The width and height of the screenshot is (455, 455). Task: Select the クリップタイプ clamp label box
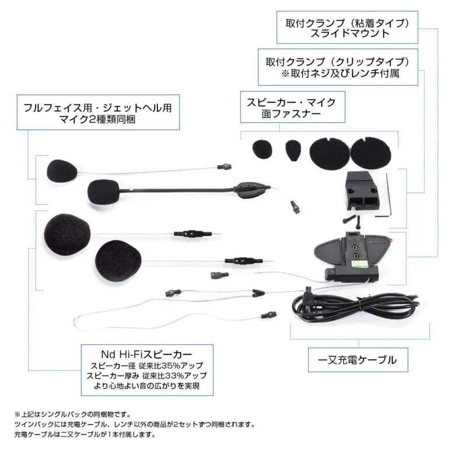click(338, 67)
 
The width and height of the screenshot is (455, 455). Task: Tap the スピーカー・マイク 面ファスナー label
click(290, 108)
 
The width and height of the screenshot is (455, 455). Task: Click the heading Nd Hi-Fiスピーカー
click(146, 354)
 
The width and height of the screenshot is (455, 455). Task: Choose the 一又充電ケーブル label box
click(357, 360)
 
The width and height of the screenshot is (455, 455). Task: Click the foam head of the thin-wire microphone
click(62, 169)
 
